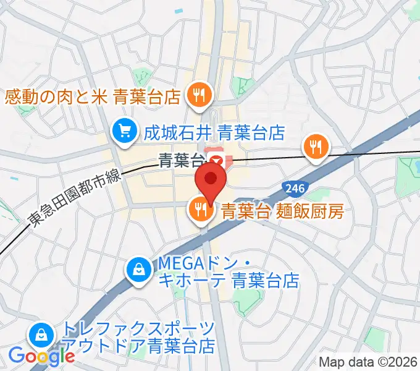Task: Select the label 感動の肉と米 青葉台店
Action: tap(93, 96)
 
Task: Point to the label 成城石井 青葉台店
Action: tap(214, 132)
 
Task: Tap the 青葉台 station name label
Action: tap(181, 162)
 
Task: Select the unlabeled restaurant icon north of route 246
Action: tap(316, 147)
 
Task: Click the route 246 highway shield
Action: tap(293, 187)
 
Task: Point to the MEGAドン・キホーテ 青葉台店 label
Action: tap(229, 272)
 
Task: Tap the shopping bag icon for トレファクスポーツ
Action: tap(40, 336)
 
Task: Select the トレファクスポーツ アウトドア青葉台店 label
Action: tap(138, 337)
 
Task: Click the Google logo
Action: tap(41, 356)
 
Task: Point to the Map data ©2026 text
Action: tap(368, 362)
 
